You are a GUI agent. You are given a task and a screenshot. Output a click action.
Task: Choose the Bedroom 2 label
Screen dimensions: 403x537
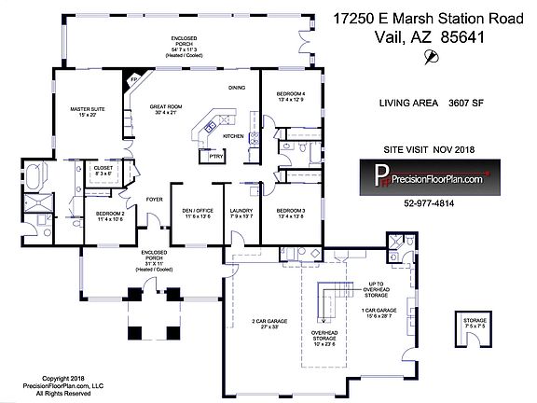pos(111,216)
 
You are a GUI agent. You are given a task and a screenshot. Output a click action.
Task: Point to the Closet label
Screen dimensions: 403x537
pos(104,171)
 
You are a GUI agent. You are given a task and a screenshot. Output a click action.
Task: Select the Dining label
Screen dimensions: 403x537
pos(238,89)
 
